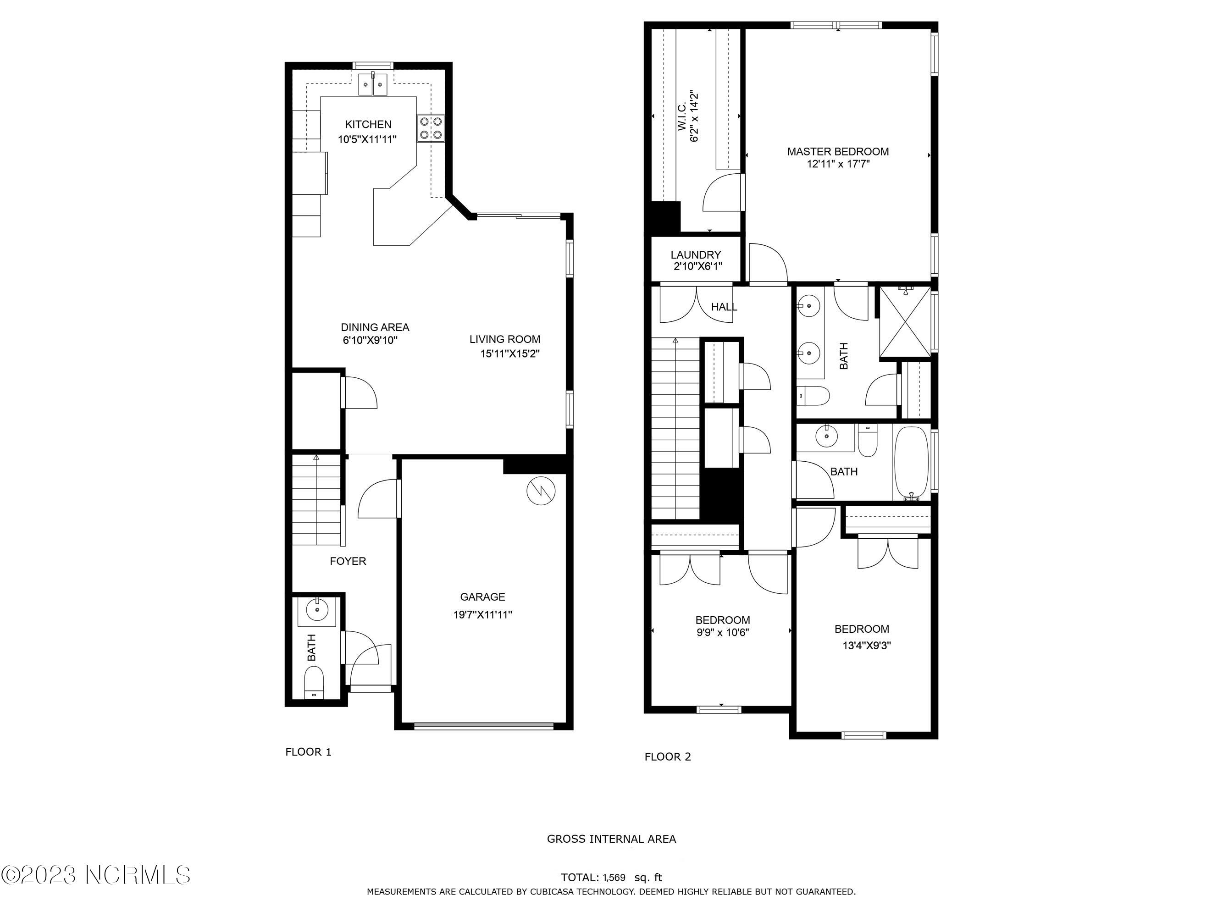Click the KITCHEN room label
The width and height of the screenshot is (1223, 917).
click(368, 124)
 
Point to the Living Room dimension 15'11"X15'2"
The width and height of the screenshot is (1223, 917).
click(510, 354)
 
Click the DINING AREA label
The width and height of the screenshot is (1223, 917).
click(375, 327)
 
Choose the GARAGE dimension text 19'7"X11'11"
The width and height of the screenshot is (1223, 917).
click(483, 614)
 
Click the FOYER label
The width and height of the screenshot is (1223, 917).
click(348, 561)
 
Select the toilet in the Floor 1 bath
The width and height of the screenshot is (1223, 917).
click(314, 683)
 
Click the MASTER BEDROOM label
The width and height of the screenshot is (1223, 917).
click(838, 151)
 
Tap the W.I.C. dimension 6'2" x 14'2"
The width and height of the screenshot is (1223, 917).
click(694, 117)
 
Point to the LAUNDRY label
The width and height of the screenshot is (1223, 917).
click(696, 255)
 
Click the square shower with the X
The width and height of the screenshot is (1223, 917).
click(905, 322)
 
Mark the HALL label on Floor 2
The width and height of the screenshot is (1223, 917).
click(724, 307)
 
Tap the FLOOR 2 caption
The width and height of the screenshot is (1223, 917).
click(667, 757)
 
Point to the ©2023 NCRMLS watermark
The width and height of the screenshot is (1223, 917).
click(96, 875)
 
